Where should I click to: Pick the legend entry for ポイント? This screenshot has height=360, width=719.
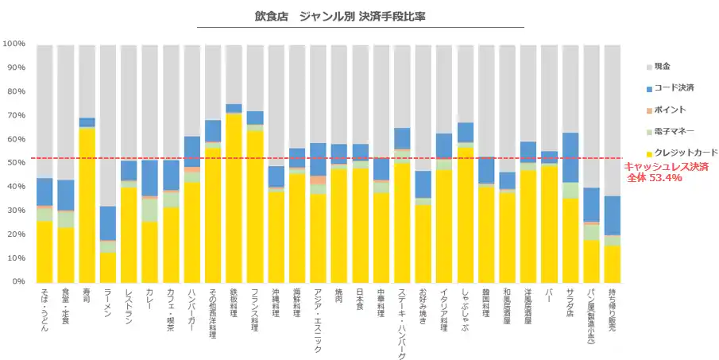667,109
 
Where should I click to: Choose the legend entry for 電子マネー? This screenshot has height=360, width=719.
671,130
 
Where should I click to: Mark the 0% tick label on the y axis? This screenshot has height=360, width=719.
17,281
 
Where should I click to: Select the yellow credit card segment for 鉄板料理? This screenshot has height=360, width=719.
234,198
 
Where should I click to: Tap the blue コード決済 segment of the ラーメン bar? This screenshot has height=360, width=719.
108,223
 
